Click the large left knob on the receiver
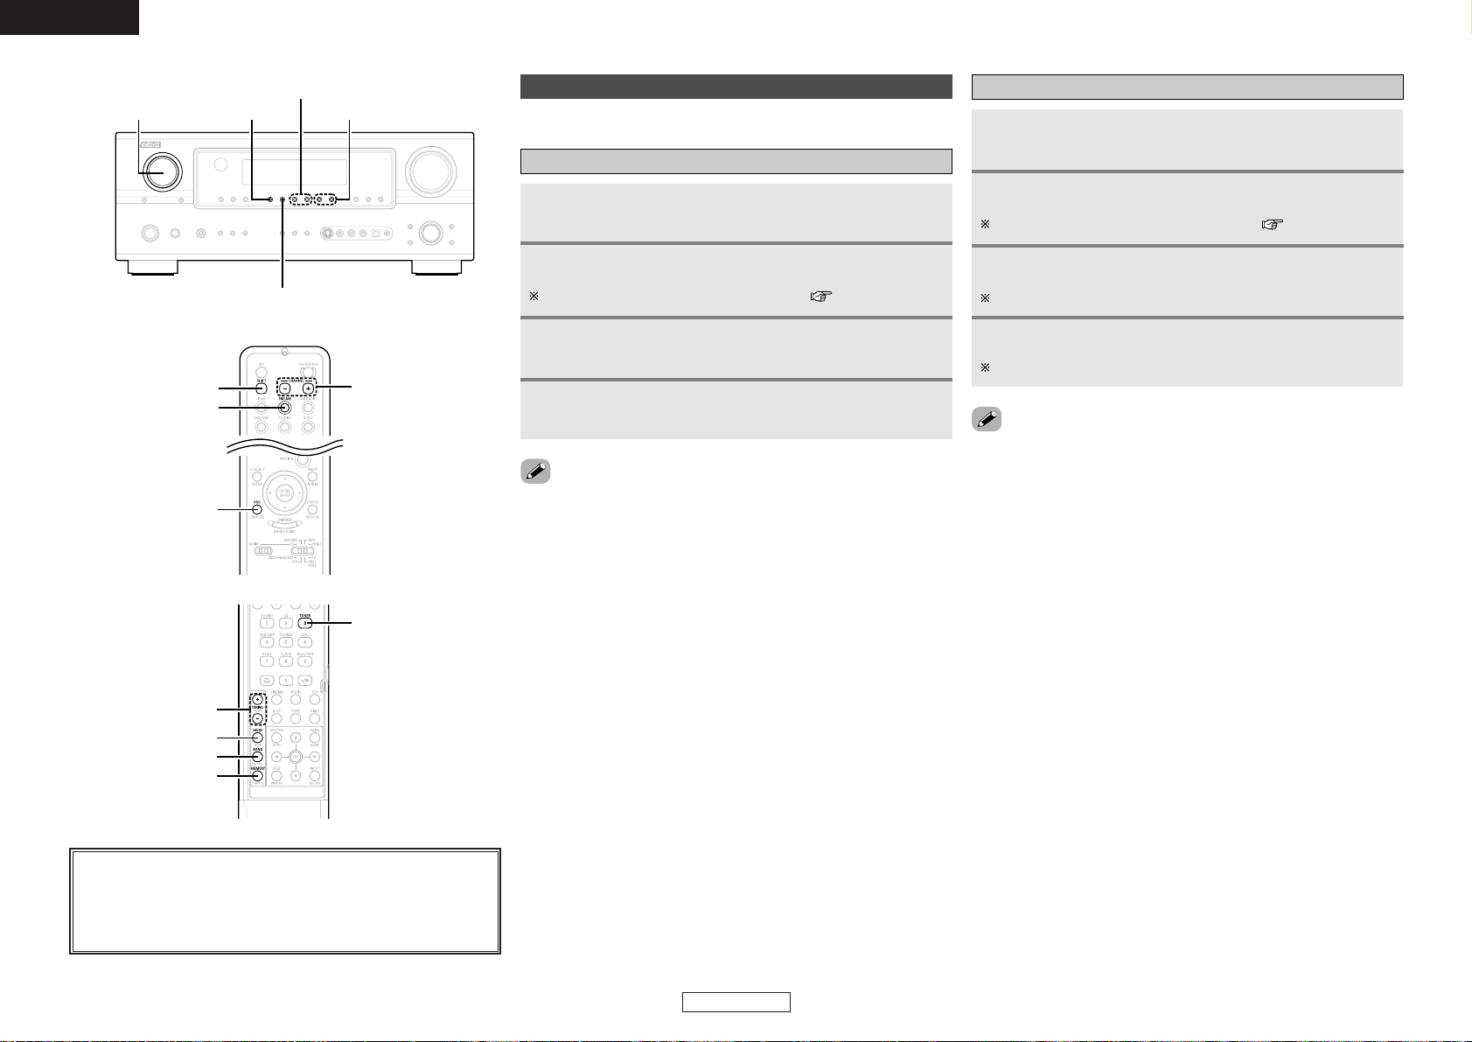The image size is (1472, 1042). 160,171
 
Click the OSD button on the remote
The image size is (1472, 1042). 258,510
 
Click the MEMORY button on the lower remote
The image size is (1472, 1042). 257,775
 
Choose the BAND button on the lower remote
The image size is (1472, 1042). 257,756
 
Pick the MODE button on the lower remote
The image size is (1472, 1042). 257,738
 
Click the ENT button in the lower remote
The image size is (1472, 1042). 295,756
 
